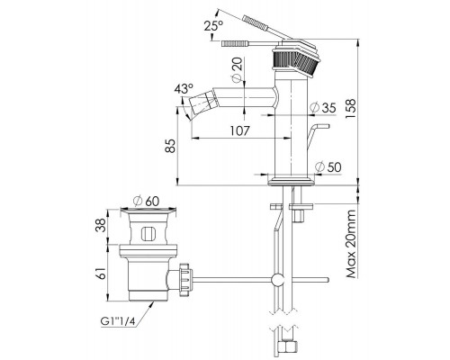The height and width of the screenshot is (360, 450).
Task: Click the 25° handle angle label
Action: point(213,26)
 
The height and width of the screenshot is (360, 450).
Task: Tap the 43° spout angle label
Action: point(184,89)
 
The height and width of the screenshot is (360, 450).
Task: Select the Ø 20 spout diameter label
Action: point(237,68)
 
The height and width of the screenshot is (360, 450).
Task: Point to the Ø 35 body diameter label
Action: point(323,107)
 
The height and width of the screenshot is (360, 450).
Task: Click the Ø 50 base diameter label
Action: point(328,166)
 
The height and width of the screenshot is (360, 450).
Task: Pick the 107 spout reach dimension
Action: point(239,130)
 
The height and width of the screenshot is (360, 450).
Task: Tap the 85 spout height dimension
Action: point(170,146)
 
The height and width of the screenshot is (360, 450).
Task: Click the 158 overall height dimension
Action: point(350,108)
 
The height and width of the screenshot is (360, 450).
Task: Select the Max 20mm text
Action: point(350,244)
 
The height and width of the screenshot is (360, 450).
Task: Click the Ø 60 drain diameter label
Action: point(147,201)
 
